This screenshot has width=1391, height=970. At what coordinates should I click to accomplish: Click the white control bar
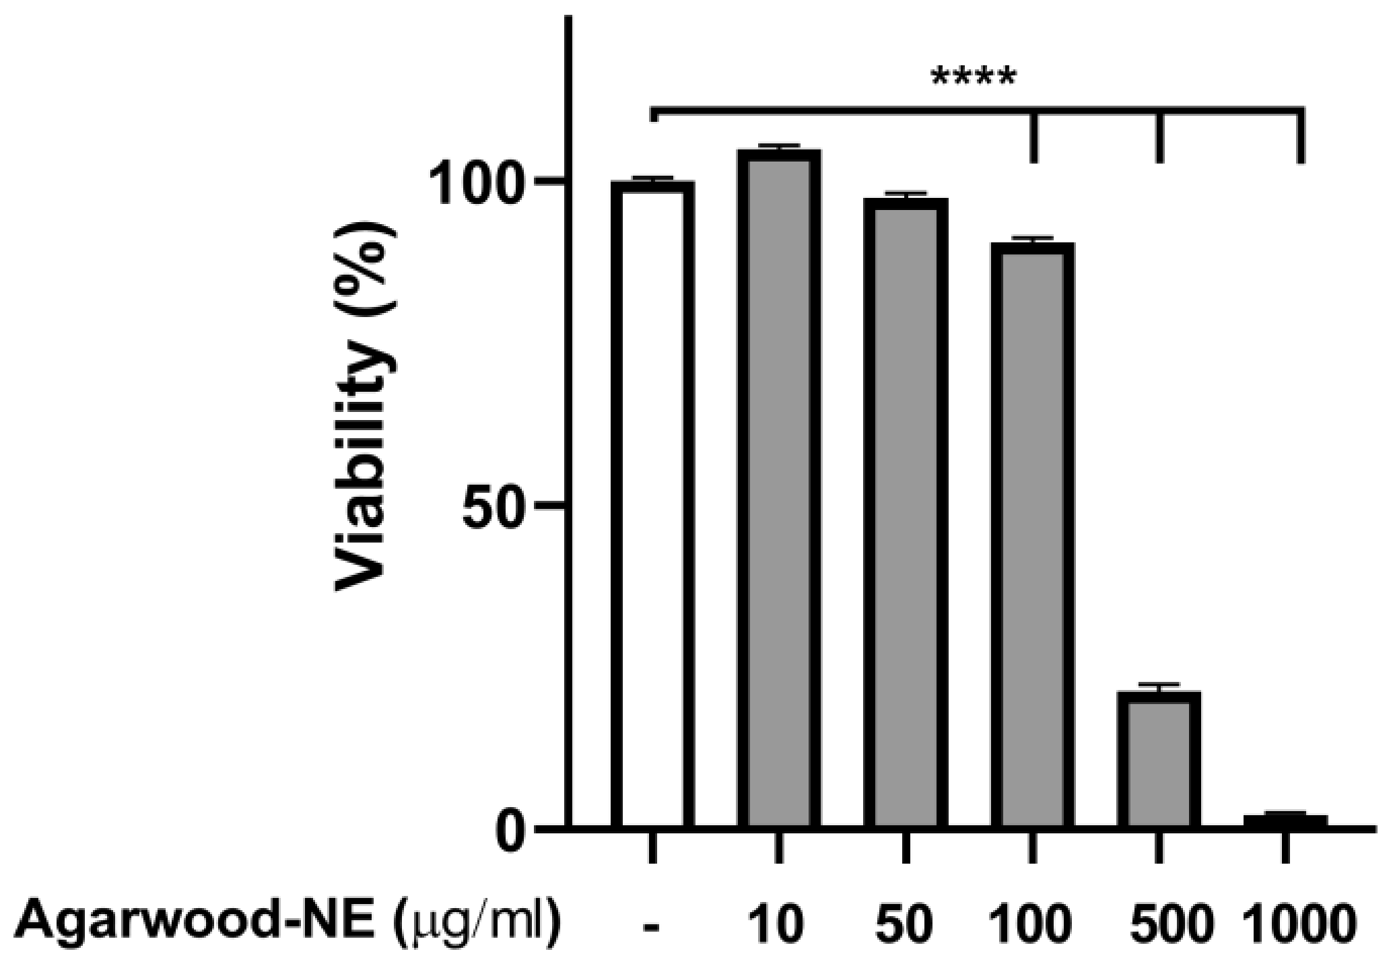coord(652,505)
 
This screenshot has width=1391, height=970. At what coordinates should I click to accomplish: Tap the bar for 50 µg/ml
coord(905,512)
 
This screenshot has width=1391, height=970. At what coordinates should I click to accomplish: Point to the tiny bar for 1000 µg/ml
coord(1285,821)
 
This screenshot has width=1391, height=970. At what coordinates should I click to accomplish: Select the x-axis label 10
coord(778,925)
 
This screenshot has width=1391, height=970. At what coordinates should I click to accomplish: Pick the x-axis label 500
coord(1158,925)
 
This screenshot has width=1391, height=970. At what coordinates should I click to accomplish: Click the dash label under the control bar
coord(652,928)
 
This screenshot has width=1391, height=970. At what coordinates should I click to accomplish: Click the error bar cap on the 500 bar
coord(1158,685)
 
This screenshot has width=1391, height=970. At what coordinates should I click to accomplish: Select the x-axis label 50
coord(904,925)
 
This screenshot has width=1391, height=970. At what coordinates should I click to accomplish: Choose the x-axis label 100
coord(1031,925)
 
